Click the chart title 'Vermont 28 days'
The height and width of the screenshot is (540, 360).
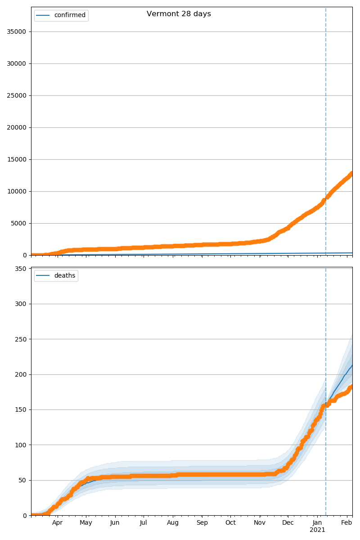click(179, 14)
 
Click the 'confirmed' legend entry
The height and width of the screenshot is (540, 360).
click(69, 15)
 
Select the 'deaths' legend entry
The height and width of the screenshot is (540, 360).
click(64, 275)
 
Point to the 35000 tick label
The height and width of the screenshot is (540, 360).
click(16, 31)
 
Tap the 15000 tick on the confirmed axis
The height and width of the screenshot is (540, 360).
click(16, 159)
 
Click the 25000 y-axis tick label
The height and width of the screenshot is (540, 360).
click(16, 95)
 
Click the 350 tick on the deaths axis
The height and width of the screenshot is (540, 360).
click(21, 269)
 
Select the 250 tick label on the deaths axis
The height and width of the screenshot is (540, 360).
click(21, 339)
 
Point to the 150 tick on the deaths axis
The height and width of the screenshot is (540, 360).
click(21, 409)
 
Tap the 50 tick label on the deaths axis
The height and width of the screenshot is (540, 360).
click(22, 480)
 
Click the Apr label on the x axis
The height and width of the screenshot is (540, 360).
click(57, 522)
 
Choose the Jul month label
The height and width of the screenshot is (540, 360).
click(143, 522)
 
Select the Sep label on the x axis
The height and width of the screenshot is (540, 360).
click(202, 522)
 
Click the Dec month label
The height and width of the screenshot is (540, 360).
click(288, 522)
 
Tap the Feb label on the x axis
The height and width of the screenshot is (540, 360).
click(346, 522)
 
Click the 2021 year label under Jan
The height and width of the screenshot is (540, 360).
click(317, 530)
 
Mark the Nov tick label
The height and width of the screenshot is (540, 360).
click(260, 522)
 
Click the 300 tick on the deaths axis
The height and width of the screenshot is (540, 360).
click(21, 304)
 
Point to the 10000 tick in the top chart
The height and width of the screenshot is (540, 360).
click(16, 191)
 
